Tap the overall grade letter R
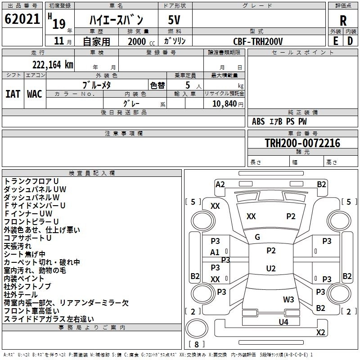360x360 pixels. tap(343, 20)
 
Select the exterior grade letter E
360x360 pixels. tap(335, 41)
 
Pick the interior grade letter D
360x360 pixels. tap(350, 41)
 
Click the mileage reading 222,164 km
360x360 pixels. tap(53, 64)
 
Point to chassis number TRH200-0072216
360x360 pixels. tap(302, 144)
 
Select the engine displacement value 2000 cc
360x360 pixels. tap(137, 41)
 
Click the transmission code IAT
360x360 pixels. tap(13, 94)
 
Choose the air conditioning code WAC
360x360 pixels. tap(35, 94)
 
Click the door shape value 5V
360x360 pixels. tap(175, 20)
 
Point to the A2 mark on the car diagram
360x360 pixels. tap(220, 184)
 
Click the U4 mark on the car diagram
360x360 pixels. tap(283, 322)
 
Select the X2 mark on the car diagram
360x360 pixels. tap(320, 333)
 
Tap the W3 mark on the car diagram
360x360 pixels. tap(288, 299)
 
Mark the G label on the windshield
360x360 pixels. tap(257, 237)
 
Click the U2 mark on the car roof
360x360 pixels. tap(270, 268)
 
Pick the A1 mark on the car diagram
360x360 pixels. tap(215, 252)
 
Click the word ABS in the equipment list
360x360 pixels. tap(258, 121)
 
